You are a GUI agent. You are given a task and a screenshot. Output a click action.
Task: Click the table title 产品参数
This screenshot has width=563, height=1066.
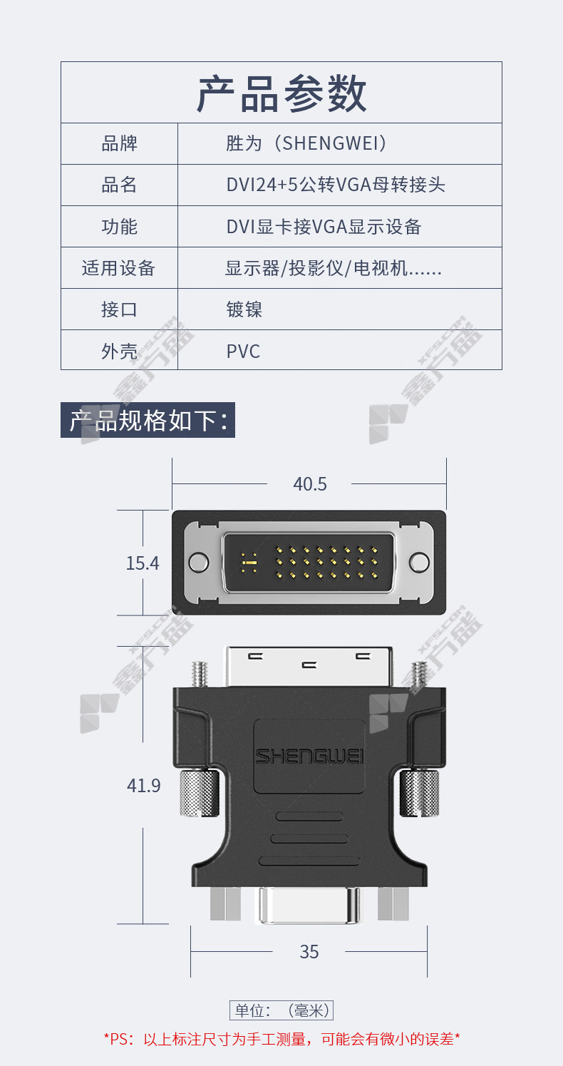pos(281,93)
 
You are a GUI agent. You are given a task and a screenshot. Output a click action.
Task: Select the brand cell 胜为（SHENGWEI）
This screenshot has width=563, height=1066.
pos(306,143)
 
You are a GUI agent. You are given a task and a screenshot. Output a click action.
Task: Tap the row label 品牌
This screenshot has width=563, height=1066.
pos(119,143)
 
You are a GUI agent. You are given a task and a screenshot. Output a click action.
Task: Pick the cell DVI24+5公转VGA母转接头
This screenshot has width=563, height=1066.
pos(336,185)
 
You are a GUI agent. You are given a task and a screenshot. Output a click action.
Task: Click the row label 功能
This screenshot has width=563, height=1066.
pos(119,227)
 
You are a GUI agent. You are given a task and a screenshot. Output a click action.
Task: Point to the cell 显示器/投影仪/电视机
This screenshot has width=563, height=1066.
pos(334,268)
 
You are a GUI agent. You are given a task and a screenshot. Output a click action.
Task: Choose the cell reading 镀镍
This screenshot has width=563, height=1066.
pos(244,309)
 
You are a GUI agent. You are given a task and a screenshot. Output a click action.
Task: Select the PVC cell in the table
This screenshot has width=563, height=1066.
pos(243,352)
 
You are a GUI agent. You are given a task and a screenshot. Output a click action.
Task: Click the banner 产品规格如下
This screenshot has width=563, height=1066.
pos(148,420)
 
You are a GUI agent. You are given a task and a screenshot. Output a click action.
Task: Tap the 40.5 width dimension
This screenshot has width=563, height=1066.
pos(309,484)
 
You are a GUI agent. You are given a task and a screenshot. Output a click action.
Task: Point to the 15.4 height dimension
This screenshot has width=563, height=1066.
pos(143,563)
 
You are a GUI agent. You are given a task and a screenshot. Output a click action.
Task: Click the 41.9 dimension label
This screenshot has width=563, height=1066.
pos(144,785)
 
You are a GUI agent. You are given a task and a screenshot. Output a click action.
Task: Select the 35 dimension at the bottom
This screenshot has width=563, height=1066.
pos(309,952)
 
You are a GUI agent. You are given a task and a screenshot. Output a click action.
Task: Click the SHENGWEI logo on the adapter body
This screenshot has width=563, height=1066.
pos(309,757)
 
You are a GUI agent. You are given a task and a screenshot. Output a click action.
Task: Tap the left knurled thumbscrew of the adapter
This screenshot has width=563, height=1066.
pos(200,793)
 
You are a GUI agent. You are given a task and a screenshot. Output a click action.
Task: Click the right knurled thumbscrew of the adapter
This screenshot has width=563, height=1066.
pos(419,793)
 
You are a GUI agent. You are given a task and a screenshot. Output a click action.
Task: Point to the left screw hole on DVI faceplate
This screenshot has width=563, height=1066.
pos(198,562)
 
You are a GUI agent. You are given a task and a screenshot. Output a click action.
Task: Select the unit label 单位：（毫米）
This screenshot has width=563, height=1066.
pos(281,1010)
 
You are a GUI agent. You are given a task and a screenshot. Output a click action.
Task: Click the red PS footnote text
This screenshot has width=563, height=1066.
pos(281,1039)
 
